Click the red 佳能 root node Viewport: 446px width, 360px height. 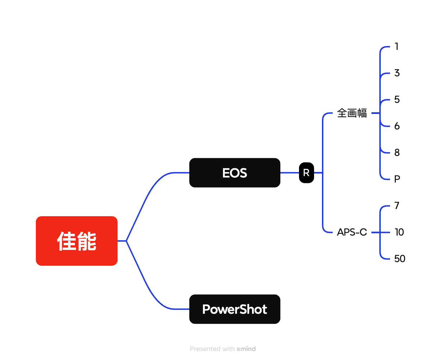[x=76, y=241]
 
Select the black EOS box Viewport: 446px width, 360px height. [x=234, y=172]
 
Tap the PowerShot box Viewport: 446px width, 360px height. [x=234, y=309]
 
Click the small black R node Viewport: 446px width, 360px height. [x=306, y=172]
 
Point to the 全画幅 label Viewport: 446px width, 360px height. [x=352, y=113]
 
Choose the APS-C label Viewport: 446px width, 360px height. [x=352, y=232]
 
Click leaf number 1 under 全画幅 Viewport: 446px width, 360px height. [x=397, y=46]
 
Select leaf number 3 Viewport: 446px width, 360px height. [x=397, y=73]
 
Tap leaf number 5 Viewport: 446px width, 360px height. [x=397, y=99]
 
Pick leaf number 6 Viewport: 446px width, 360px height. [x=397, y=126]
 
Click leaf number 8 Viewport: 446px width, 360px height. [x=397, y=152]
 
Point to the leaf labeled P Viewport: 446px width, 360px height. [x=397, y=179]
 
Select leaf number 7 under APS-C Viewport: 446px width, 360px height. [x=397, y=205]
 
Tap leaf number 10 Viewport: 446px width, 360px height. [x=399, y=232]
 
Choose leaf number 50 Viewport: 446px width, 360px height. [x=399, y=259]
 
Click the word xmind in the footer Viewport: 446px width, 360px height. [x=246, y=349]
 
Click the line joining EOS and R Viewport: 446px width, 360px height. [x=290, y=172]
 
